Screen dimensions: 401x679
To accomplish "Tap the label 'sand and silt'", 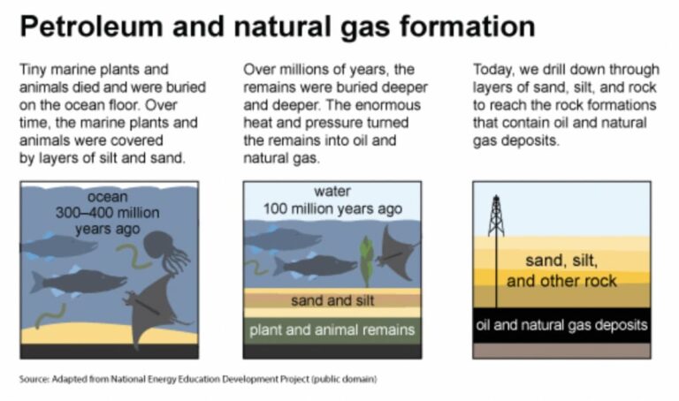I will (332, 300).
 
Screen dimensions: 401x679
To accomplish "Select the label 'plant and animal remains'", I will (332, 330).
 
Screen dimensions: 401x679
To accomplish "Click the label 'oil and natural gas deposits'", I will (562, 325).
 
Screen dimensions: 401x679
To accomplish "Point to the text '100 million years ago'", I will (332, 209).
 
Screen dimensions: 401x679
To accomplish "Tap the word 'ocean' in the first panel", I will (108, 196).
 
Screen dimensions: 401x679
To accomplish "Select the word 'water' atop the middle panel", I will (332, 192).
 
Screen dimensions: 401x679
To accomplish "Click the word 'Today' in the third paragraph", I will (495, 68).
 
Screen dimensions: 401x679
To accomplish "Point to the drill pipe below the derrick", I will (496, 274).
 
